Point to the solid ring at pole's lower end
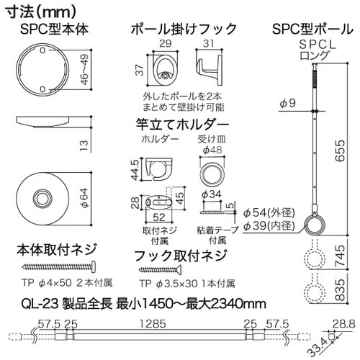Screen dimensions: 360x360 click(315, 224)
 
